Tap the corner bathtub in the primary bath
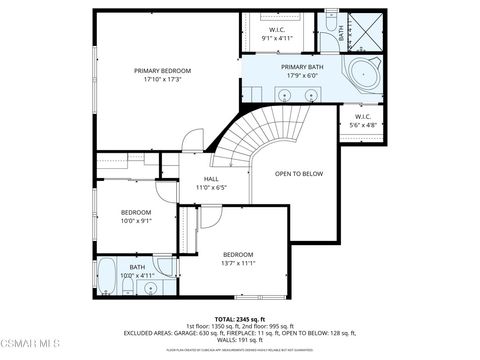pos(359,74)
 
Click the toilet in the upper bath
pos(331,21)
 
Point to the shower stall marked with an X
pos(361,32)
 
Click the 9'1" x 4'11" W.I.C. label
pos(277,34)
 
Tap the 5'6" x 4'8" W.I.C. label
pos(363,122)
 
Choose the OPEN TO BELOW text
pos(300,173)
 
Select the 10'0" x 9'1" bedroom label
pos(136,217)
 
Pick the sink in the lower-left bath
pos(150,288)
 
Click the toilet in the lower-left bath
pos(129,289)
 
